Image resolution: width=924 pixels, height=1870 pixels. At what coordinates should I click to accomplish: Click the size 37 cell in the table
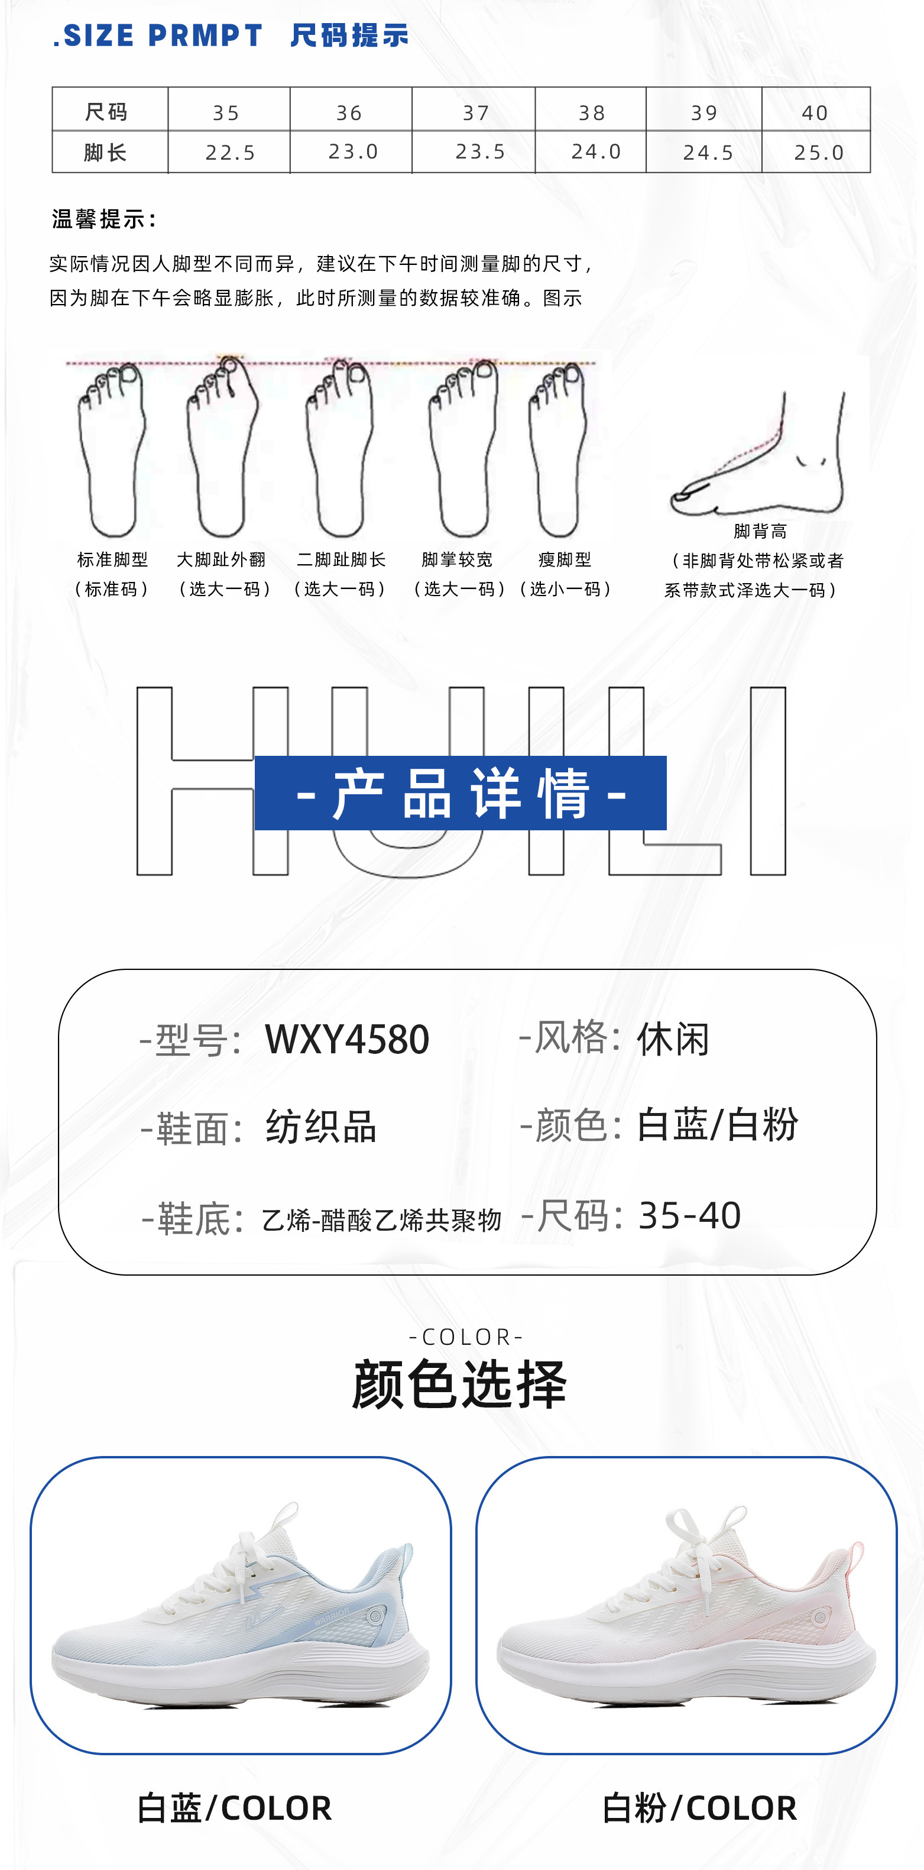[475, 112]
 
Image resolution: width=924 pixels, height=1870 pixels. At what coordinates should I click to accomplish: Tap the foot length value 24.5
[708, 153]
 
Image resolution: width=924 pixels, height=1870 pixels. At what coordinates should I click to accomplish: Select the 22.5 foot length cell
[230, 153]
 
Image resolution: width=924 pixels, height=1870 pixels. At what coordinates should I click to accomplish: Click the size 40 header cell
[815, 112]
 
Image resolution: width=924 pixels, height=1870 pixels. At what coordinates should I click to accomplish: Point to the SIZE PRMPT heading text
[158, 35]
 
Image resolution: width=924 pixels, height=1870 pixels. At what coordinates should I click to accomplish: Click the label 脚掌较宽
[458, 559]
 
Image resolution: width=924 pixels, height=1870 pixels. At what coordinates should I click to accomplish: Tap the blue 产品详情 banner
[460, 792]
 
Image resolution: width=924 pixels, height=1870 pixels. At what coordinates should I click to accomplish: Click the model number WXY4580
[347, 1040]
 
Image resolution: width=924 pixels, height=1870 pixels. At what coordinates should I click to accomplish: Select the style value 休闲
[673, 1040]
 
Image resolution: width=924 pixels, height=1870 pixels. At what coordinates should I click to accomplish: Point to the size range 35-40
[689, 1215]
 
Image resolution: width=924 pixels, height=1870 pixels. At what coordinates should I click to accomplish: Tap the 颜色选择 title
[459, 1384]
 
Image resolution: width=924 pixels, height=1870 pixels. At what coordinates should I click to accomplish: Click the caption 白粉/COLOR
[699, 1807]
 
